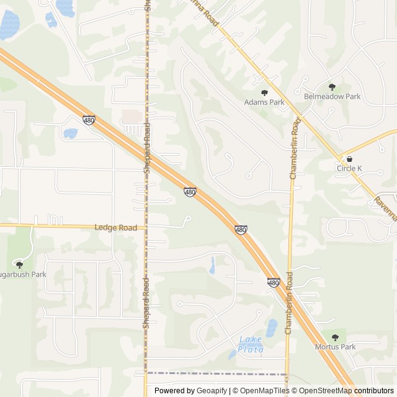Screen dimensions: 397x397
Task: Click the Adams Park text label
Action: pyautogui.click(x=264, y=102)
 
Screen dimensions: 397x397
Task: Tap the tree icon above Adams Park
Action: pyautogui.click(x=264, y=92)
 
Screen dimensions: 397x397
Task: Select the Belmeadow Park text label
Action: pyautogui.click(x=332, y=97)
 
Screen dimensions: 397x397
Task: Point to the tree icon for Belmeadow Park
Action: pyautogui.click(x=332, y=87)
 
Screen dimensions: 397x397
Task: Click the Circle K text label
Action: pyautogui.click(x=349, y=169)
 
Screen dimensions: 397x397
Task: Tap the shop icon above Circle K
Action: pyautogui.click(x=349, y=159)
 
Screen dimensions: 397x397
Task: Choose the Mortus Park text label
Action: pyautogui.click(x=335, y=347)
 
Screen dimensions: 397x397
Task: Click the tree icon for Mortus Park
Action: pyautogui.click(x=335, y=337)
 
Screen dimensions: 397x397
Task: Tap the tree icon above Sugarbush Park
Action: pyautogui.click(x=19, y=264)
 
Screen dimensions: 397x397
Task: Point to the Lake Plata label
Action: pyautogui.click(x=251, y=344)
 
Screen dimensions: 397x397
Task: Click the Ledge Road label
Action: pyautogui.click(x=115, y=228)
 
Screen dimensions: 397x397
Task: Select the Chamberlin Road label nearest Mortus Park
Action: pyautogui.click(x=288, y=305)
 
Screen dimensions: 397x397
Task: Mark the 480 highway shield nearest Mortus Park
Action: pyautogui.click(x=274, y=283)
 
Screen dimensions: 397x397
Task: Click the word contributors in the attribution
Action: pyautogui.click(x=374, y=391)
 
